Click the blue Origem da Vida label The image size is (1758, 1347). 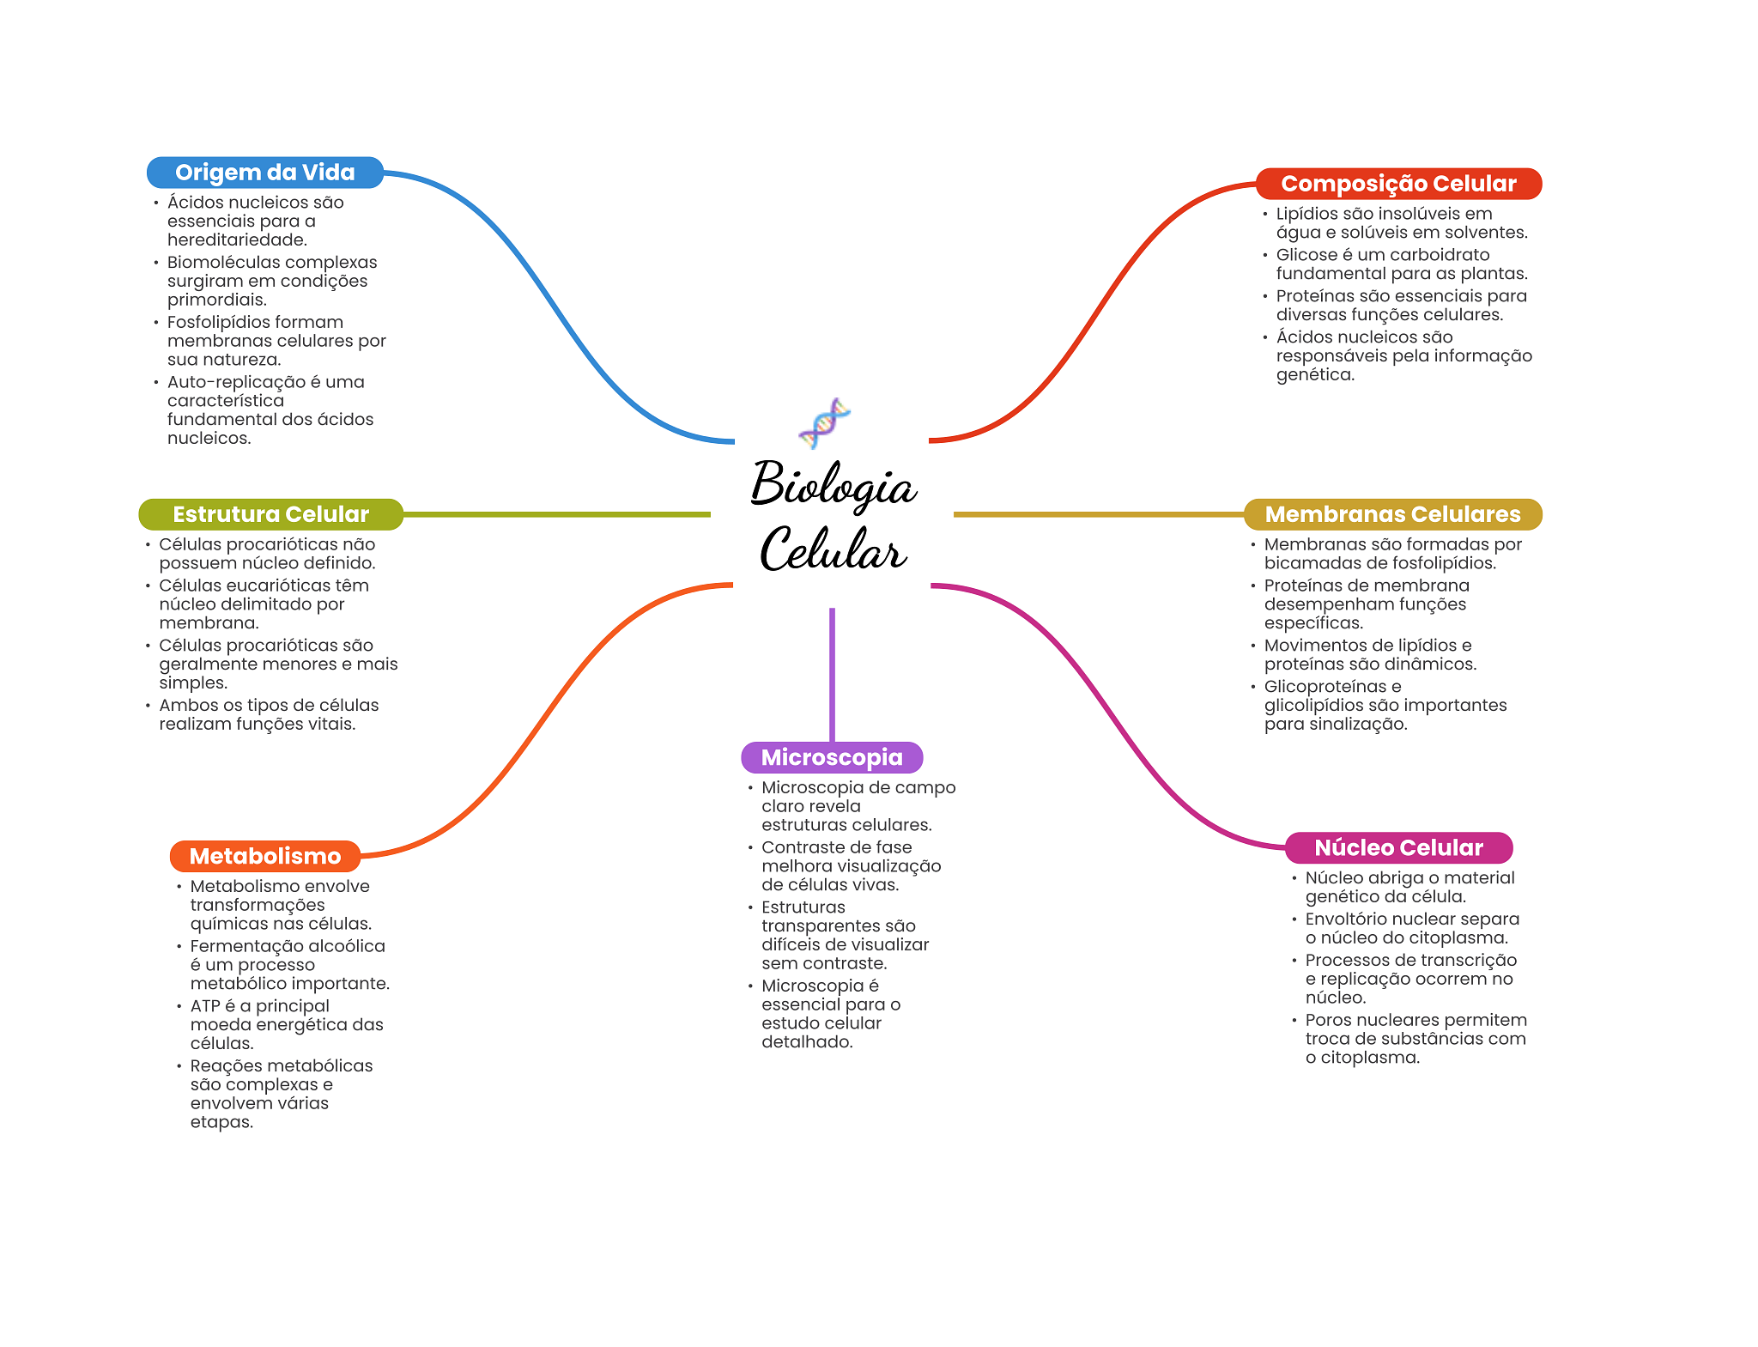pyautogui.click(x=264, y=173)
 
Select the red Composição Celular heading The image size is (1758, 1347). pyautogui.click(x=1397, y=184)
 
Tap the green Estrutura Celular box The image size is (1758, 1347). pyautogui.click(x=270, y=514)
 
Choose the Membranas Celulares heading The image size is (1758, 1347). pyautogui.click(x=1391, y=514)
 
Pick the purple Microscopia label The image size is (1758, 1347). pyautogui.click(x=831, y=757)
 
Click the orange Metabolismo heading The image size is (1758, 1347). pyautogui.click(x=264, y=856)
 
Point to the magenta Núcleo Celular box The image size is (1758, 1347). pyautogui.click(x=1397, y=847)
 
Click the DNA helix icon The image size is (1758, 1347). pyautogui.click(x=824, y=422)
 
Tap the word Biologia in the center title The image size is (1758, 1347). pyautogui.click(x=834, y=485)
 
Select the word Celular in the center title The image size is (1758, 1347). pyautogui.click(x=833, y=549)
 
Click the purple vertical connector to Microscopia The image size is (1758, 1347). pyautogui.click(x=832, y=674)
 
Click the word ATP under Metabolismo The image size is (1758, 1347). pyautogui.click(x=205, y=1006)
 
